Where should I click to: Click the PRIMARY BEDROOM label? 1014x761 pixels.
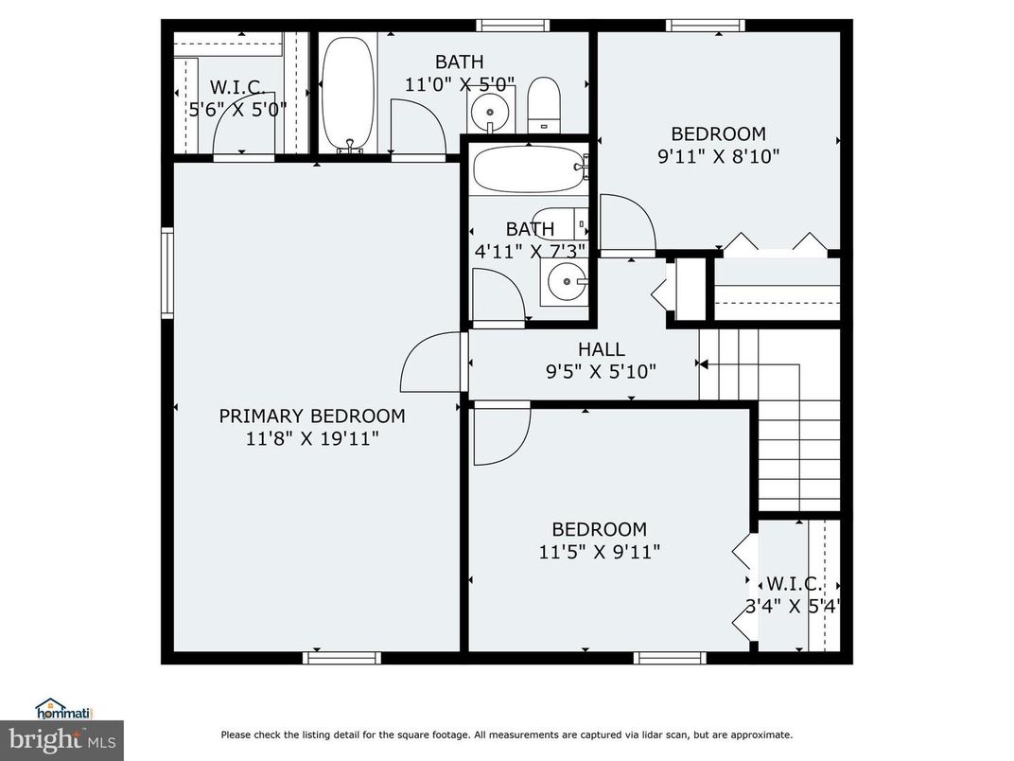coord(312,416)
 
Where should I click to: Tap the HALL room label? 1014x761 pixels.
coord(602,350)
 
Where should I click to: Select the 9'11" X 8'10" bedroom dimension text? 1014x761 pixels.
coord(718,156)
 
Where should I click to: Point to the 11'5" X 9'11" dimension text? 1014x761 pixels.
coord(599,551)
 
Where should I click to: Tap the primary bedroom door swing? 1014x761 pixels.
coord(430,363)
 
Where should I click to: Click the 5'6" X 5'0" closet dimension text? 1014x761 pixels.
coord(236,110)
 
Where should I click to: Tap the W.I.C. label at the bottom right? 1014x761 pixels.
coord(793,583)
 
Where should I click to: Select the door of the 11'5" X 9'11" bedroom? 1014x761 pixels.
coord(501,434)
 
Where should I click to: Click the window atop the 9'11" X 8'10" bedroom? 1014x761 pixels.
coord(698,25)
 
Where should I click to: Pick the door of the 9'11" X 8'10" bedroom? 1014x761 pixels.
coord(626,224)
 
